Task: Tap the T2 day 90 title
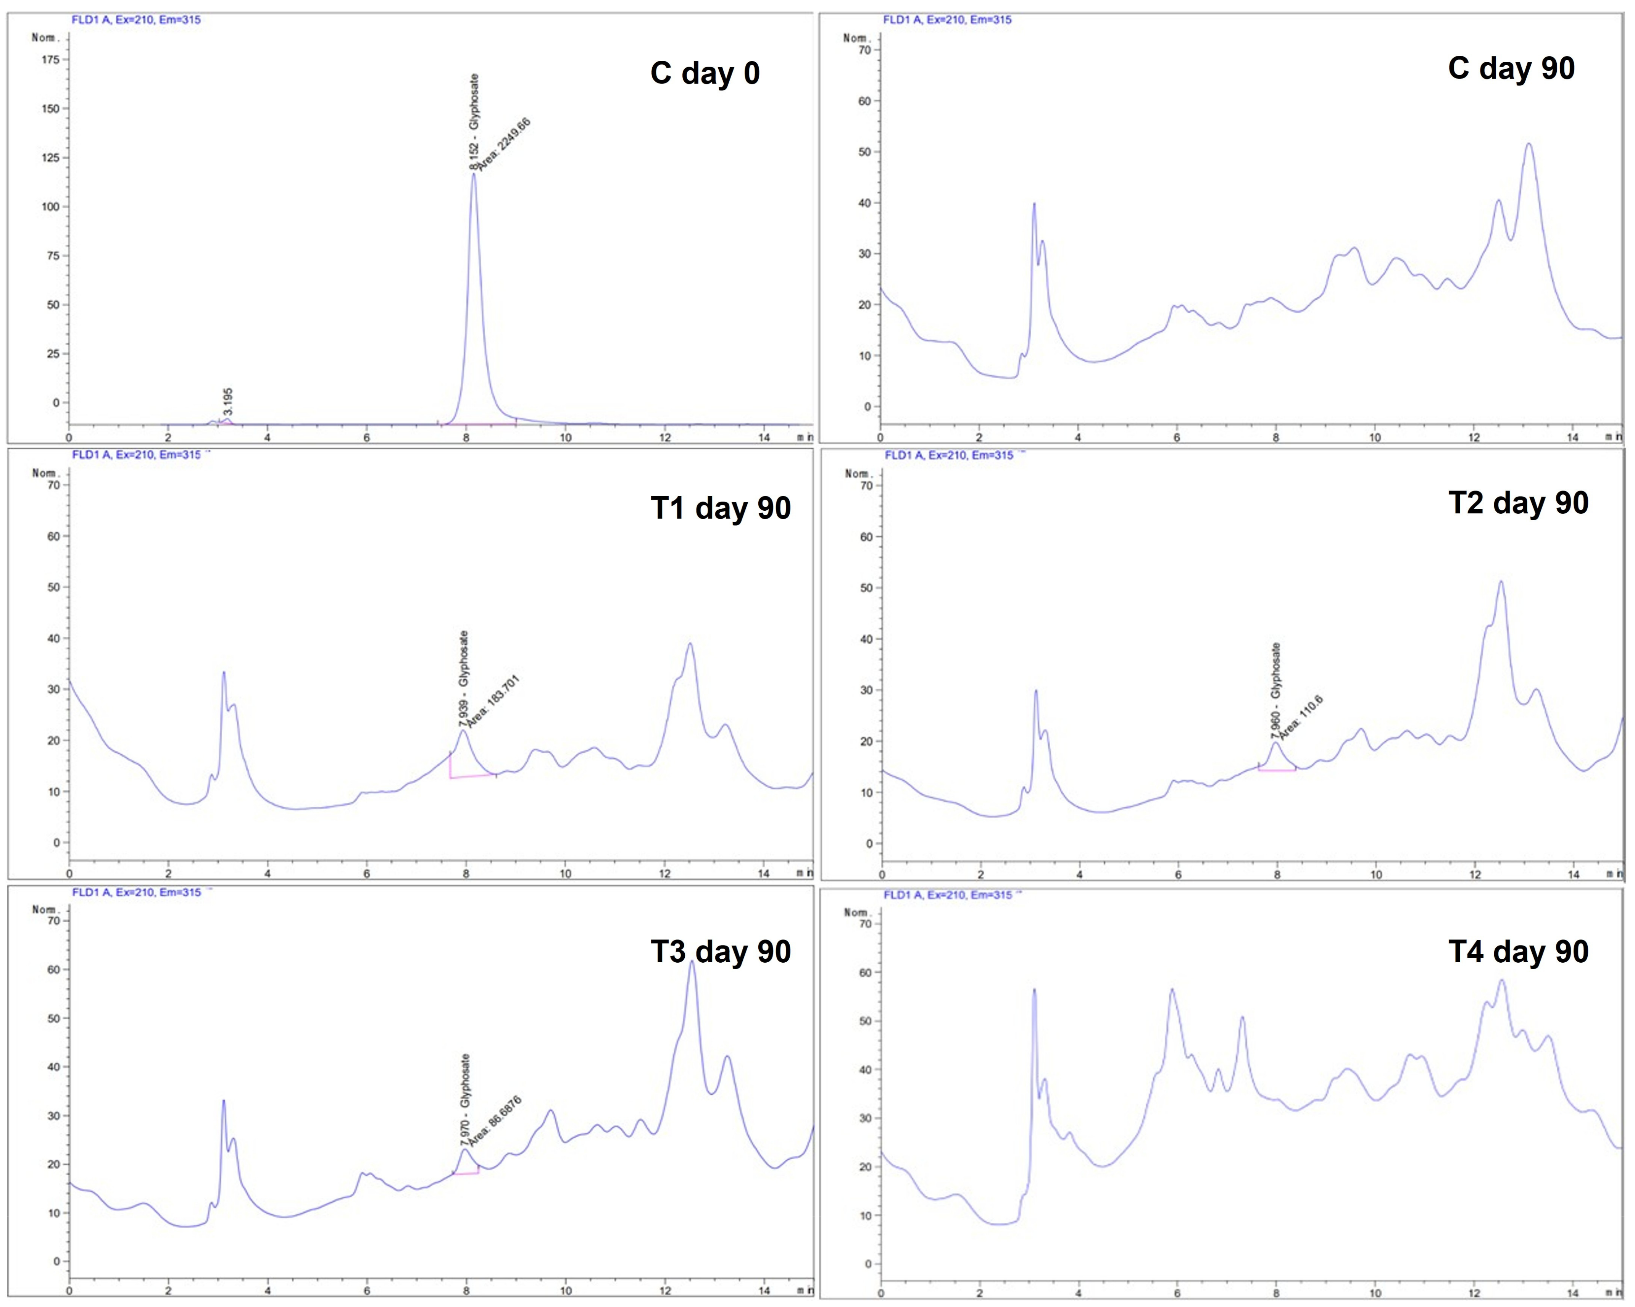[x=1518, y=503]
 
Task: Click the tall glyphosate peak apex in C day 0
[x=474, y=174]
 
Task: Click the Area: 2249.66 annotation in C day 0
[x=504, y=144]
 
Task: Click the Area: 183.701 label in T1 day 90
[x=493, y=702]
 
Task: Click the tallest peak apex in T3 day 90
[x=692, y=962]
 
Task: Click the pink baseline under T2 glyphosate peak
[x=1277, y=770]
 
